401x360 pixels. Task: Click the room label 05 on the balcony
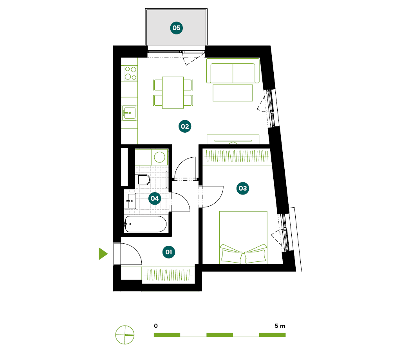point(177,28)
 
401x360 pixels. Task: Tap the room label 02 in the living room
point(185,126)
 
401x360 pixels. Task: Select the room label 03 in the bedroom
point(243,188)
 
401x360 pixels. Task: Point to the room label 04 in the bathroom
point(155,198)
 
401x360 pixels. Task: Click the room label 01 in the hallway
point(169,252)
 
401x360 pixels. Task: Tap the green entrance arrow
point(103,254)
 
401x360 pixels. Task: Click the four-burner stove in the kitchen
point(130,73)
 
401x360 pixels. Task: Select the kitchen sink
point(129,113)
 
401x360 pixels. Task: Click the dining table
point(173,92)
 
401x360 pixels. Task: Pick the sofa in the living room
point(233,71)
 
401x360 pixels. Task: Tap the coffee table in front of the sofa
point(233,93)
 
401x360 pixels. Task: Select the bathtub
point(146,224)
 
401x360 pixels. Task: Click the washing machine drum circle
point(160,157)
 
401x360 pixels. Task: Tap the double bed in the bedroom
point(243,238)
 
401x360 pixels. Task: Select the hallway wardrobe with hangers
point(168,275)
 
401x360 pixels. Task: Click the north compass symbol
point(125,335)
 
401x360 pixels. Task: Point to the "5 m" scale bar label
point(280,326)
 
